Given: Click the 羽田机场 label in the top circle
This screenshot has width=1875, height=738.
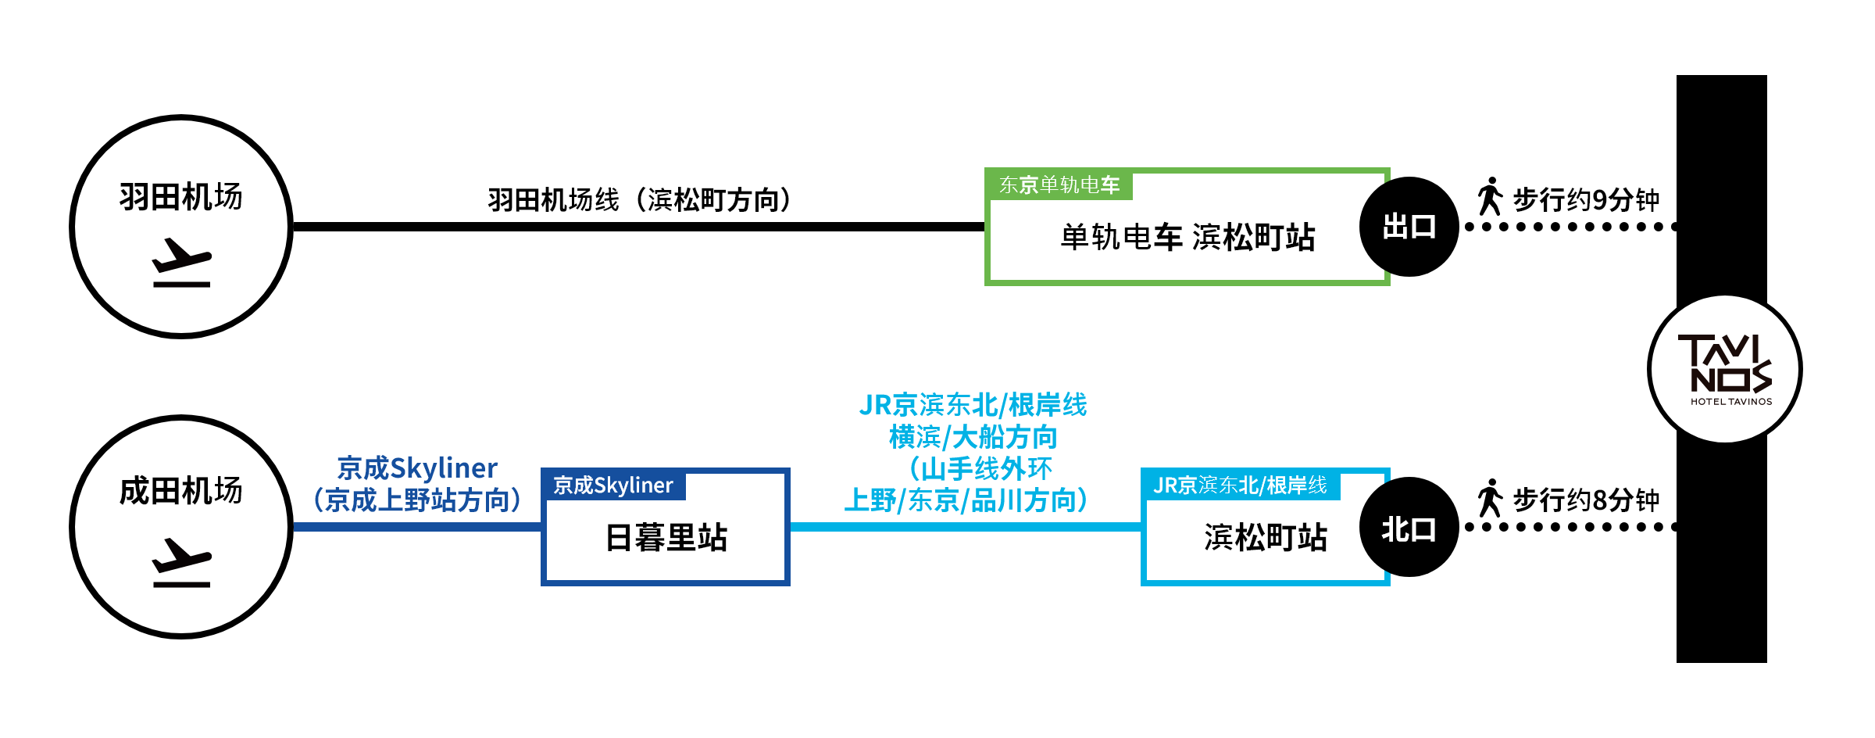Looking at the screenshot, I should (x=180, y=197).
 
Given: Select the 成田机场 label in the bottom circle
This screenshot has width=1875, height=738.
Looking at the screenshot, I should (x=180, y=491).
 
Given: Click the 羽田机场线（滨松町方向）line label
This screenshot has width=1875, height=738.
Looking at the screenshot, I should (x=640, y=200).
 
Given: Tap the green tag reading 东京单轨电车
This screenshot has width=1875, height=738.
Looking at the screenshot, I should (x=1059, y=185).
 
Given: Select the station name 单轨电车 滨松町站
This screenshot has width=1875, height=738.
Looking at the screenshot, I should (x=1187, y=238).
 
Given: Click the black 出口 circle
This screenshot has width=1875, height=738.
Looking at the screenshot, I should (x=1409, y=227).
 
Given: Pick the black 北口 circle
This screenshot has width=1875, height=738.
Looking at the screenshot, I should (x=1409, y=528).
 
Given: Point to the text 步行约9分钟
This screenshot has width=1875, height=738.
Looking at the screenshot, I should (x=1586, y=200).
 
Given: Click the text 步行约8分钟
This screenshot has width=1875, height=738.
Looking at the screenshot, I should (x=1586, y=500).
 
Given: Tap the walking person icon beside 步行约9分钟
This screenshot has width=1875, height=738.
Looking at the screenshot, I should (x=1490, y=196).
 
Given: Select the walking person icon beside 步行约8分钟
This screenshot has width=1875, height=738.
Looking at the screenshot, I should (x=1490, y=498).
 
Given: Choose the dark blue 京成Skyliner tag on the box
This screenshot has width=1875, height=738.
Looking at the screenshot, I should (x=613, y=485).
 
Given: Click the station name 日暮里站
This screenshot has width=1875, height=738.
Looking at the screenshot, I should (x=666, y=538).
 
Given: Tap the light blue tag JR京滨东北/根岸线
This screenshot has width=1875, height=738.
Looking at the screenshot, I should (x=1240, y=485).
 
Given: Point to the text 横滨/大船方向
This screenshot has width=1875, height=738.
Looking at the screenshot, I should (x=973, y=437).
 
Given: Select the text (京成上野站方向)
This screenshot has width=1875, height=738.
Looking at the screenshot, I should (x=417, y=500).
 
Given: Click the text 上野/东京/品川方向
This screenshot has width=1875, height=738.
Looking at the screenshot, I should (x=966, y=500).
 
